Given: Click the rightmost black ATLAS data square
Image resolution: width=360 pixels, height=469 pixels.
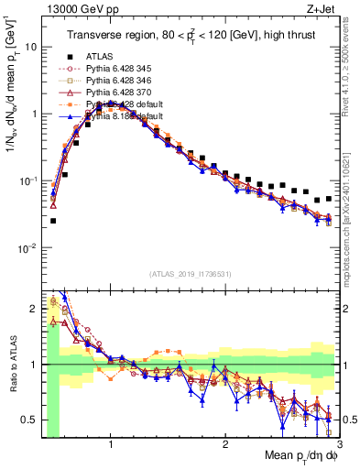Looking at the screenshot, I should [x=329, y=198].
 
